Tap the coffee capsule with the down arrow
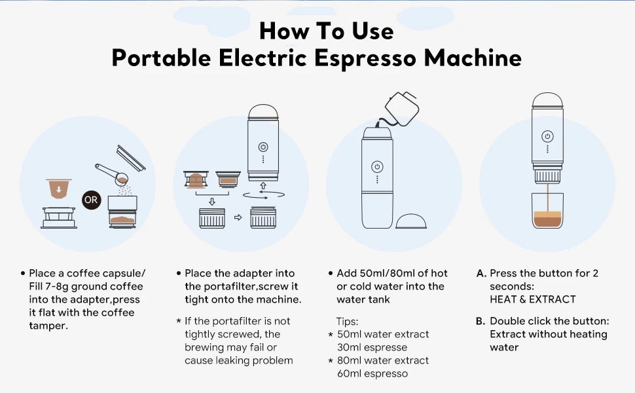[59, 189]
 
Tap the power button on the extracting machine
[547, 136]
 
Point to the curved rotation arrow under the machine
[263, 195]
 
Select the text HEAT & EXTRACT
[532, 299]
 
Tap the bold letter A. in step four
[481, 273]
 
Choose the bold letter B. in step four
[481, 321]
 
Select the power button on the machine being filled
[377, 166]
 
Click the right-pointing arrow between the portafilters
[238, 217]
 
